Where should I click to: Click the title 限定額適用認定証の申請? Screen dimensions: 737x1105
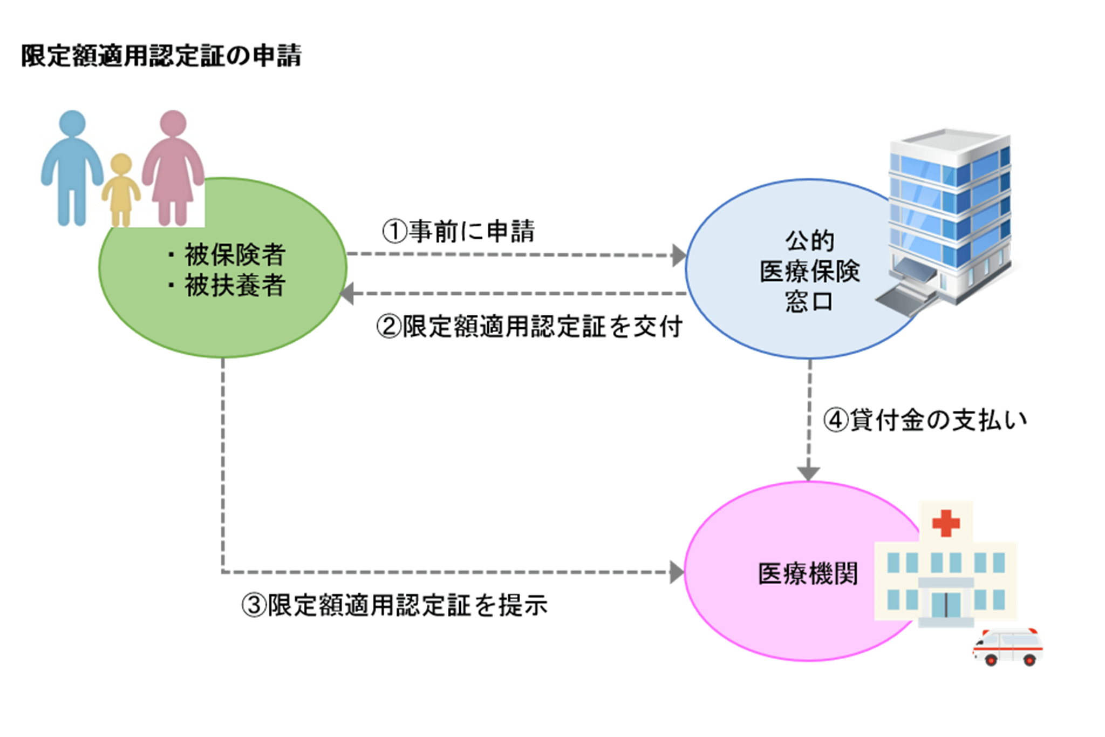pyautogui.click(x=161, y=56)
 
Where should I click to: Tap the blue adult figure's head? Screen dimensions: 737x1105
pyautogui.click(x=72, y=123)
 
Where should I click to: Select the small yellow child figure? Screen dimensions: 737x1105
pyautogui.click(x=121, y=189)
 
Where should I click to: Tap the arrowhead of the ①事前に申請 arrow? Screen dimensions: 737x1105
pyautogui.click(x=679, y=255)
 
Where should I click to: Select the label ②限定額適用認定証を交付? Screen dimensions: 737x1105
pyautogui.click(x=529, y=327)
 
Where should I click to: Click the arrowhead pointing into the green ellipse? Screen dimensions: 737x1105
pyautogui.click(x=347, y=294)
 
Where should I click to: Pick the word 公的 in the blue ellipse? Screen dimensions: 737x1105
pyautogui.click(x=809, y=241)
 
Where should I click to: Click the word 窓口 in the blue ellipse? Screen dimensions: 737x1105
pyautogui.click(x=809, y=301)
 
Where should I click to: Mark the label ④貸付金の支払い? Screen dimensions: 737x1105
pyautogui.click(x=925, y=421)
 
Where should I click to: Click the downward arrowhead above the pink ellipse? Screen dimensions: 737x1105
pyautogui.click(x=808, y=474)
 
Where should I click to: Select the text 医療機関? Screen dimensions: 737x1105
pyautogui.click(x=808, y=574)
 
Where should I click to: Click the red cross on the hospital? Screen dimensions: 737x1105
pyautogui.click(x=946, y=523)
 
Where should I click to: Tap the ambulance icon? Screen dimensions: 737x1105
pyautogui.click(x=1007, y=646)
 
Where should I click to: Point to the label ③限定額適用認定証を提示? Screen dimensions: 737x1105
pyautogui.click(x=394, y=605)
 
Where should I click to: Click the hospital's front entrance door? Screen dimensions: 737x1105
pyautogui.click(x=945, y=605)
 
